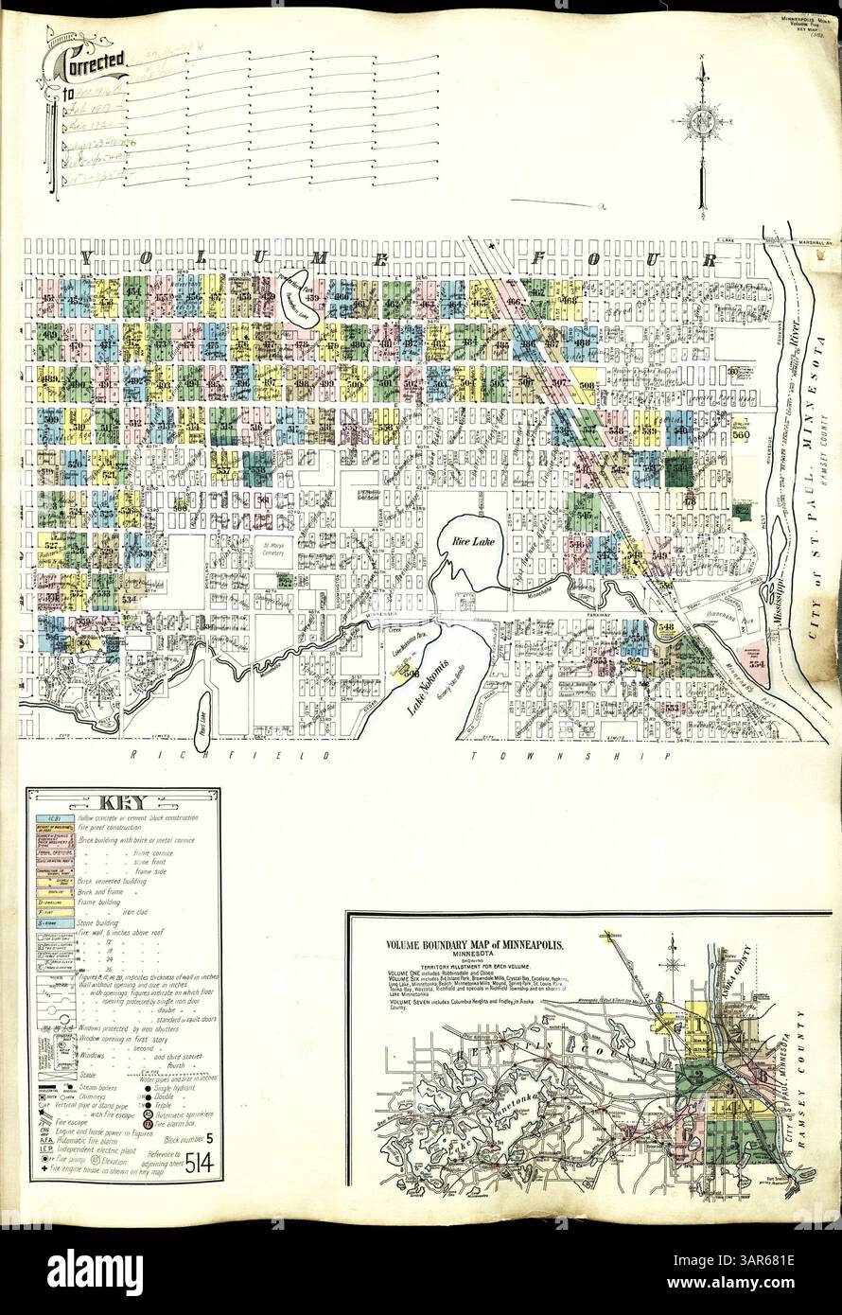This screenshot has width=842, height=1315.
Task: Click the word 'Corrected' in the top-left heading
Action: click(93, 62)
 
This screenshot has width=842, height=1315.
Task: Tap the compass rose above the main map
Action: click(701, 120)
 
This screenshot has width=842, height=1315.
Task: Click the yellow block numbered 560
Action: click(740, 435)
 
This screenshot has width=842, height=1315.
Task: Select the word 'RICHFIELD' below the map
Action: click(232, 757)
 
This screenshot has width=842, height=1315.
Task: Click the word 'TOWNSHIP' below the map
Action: click(566, 757)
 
